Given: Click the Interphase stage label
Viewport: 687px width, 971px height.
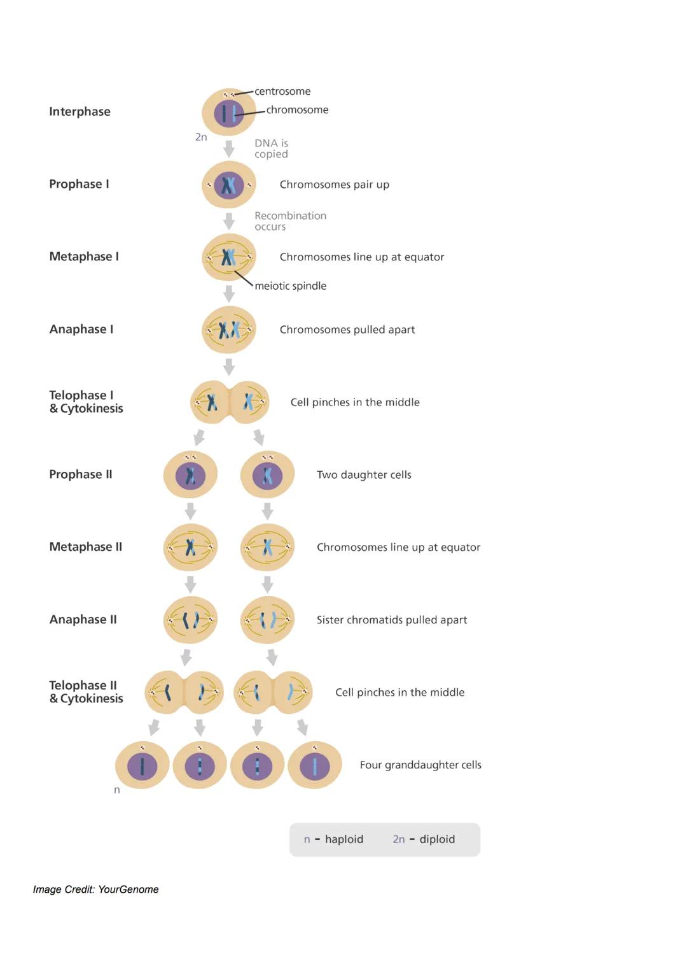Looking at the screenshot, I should point(80,111).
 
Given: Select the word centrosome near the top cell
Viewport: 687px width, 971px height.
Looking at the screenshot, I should point(282,91).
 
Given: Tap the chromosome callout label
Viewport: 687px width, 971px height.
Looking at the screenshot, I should point(297,110).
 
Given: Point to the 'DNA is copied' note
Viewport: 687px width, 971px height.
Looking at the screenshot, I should point(271,148).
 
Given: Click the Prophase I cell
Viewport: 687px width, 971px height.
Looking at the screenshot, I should point(229,185).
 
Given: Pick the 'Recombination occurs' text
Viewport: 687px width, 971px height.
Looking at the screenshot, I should point(290,221).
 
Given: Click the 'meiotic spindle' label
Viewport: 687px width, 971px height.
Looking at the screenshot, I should point(290,286).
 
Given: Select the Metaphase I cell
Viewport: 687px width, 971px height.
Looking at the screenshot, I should point(229,257).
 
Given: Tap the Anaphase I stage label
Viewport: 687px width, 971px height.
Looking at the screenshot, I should point(81,329).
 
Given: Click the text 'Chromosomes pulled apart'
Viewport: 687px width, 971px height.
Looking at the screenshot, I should point(347,329).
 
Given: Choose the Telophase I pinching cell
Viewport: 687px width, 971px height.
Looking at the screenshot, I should point(230,402).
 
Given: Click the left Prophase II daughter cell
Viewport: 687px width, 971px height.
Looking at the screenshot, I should point(190,474).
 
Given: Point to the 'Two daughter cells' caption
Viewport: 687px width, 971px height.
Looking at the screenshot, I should point(364,474).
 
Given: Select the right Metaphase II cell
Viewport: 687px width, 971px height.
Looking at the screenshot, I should point(267,547).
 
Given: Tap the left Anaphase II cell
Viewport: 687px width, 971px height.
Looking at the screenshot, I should point(190,620).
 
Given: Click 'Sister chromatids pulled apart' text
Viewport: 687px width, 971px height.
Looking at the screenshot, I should point(391,620).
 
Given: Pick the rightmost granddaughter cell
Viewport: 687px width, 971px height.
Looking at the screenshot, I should point(315,765).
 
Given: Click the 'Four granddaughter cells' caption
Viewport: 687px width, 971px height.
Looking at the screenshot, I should point(420,765).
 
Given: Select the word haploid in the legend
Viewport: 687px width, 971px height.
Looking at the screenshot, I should point(344,839).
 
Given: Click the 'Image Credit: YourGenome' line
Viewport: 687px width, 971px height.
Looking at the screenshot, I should point(96,889).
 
